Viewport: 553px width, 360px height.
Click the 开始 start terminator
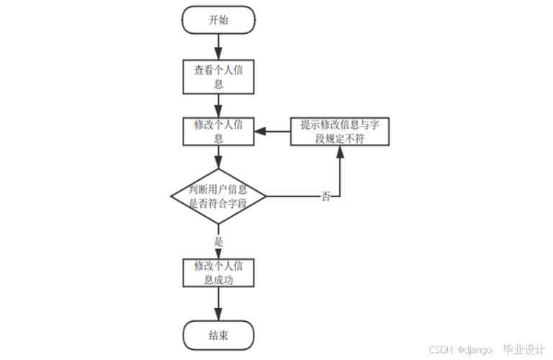point(218,19)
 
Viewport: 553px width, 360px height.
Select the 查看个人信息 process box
point(218,76)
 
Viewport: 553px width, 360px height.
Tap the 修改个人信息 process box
point(218,131)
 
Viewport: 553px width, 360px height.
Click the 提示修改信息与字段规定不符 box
point(339,131)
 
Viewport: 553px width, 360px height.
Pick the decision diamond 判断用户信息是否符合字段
point(218,196)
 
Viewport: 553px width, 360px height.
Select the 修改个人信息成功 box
point(218,272)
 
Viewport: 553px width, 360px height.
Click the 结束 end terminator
point(218,335)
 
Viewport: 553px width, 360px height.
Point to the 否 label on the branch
point(326,197)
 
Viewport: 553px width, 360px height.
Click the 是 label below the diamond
point(218,240)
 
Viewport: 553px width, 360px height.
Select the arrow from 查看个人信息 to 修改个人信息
point(218,104)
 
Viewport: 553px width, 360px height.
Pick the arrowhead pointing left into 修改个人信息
point(261,131)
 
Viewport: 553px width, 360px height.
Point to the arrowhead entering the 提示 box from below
point(339,153)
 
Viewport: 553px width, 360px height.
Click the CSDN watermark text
point(440,350)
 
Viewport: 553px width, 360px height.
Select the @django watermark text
point(475,350)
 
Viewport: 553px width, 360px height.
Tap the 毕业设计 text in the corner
point(523,349)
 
